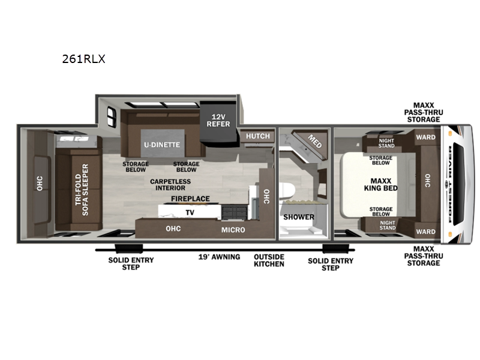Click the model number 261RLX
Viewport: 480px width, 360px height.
(83, 59)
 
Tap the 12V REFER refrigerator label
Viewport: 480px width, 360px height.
(218, 121)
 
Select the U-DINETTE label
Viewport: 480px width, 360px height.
(162, 145)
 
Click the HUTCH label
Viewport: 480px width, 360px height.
(258, 136)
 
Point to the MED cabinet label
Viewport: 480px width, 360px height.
(314, 141)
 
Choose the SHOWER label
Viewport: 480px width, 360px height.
(299, 217)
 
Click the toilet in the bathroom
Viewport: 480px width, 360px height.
(287, 191)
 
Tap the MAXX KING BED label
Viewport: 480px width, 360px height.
(381, 185)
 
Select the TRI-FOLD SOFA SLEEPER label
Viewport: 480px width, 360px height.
(82, 190)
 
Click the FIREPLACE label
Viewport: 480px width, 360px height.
(190, 199)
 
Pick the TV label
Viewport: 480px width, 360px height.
(190, 212)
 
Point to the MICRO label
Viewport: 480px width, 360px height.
(233, 230)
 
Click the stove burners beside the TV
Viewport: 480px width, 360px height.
(234, 212)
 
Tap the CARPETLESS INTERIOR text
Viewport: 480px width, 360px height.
(170, 185)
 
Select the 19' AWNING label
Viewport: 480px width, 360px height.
(219, 257)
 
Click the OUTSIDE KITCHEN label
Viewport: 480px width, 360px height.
(269, 260)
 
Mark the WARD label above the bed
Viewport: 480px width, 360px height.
(425, 137)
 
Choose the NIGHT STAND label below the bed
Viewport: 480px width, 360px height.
(388, 226)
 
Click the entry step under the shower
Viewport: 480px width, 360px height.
(336, 248)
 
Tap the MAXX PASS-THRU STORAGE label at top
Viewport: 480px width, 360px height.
(424, 112)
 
